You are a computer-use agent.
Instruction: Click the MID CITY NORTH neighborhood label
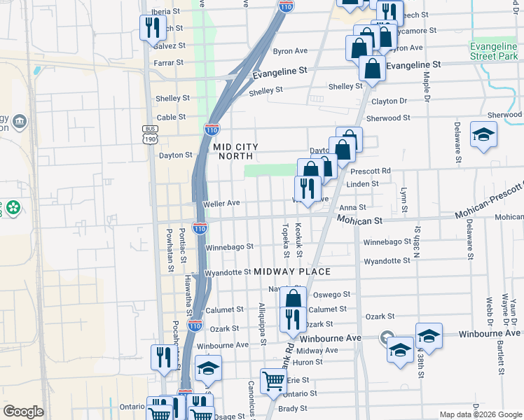coord(236,151)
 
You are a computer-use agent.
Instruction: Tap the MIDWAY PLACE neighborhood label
coord(291,271)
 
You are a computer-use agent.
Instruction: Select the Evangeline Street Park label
coord(493,51)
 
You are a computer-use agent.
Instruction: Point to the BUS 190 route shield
coord(149,134)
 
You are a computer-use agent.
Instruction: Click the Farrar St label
coord(169,62)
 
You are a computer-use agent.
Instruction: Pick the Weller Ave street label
coord(221,203)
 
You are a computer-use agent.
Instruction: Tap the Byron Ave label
coord(290,51)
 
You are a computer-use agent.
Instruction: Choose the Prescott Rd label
coord(371,171)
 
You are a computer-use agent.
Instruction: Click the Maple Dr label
coord(426,85)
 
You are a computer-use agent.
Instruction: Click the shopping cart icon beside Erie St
coord(273,381)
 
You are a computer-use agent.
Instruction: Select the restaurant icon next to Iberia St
coord(152,27)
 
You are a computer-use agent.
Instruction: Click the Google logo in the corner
coord(23,412)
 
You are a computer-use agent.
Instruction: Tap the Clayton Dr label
coord(389,101)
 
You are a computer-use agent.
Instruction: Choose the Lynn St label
coord(404,199)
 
